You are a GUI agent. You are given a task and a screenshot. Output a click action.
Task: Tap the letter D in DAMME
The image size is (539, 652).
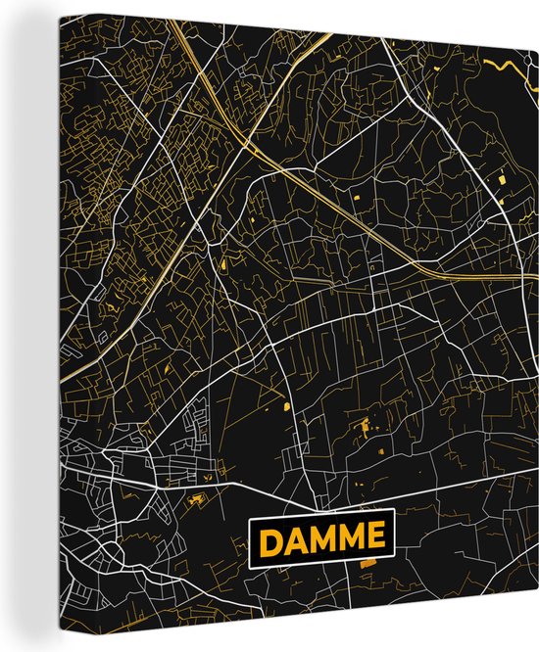[x=272, y=537]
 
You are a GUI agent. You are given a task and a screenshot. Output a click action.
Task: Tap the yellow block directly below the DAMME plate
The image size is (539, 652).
[x=367, y=565]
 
